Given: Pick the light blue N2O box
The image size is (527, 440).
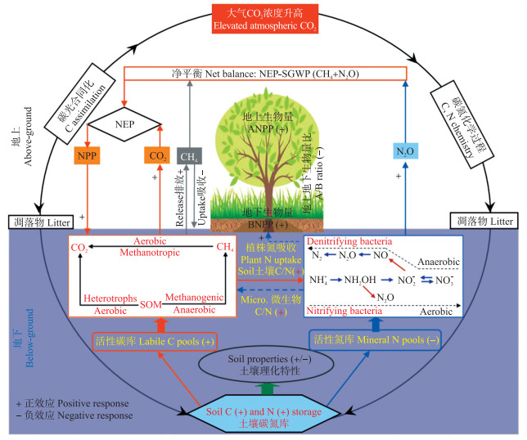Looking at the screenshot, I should pos(406,150).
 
